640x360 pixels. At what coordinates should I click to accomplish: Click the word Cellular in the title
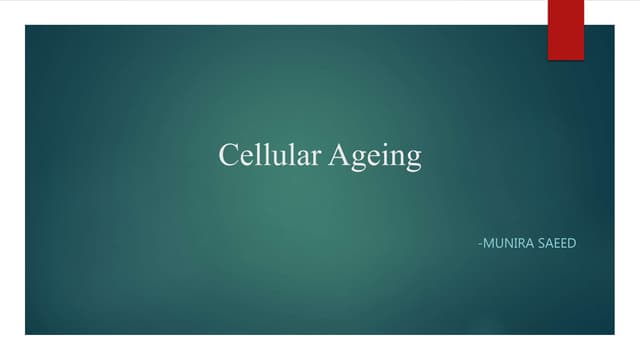264,156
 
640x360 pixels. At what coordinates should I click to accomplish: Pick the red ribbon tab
565,29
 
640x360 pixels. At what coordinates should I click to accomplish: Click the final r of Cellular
305,158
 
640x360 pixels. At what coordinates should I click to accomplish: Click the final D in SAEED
574,243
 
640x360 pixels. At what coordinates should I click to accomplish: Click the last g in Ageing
411,160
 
